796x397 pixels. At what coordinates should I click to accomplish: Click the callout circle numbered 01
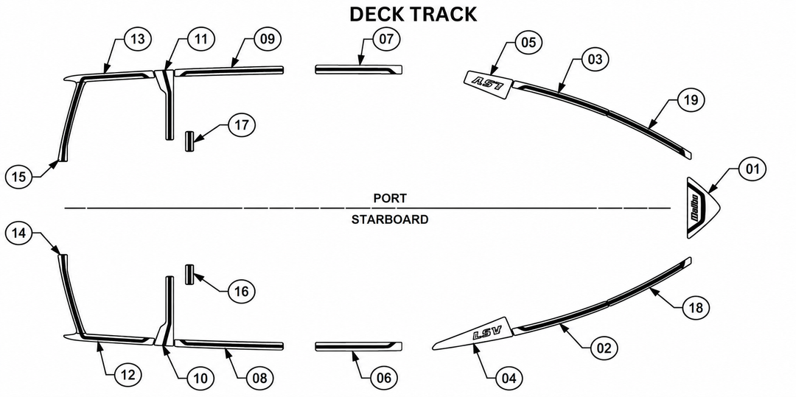(x=752, y=169)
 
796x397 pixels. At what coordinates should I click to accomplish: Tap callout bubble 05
(x=528, y=42)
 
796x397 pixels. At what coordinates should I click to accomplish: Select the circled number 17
(x=242, y=124)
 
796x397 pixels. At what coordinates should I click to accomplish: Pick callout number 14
(x=18, y=233)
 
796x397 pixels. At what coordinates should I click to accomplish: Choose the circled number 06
(x=384, y=379)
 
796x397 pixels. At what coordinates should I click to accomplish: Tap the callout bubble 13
(x=138, y=39)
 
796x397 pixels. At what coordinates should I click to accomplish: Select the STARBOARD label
(x=390, y=219)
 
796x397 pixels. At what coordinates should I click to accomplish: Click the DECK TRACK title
(x=413, y=14)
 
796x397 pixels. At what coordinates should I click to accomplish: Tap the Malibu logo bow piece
(x=702, y=208)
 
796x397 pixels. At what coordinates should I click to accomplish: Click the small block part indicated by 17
(x=190, y=141)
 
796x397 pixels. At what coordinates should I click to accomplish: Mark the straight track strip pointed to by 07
(x=359, y=69)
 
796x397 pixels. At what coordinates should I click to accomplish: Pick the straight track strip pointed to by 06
(x=359, y=345)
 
